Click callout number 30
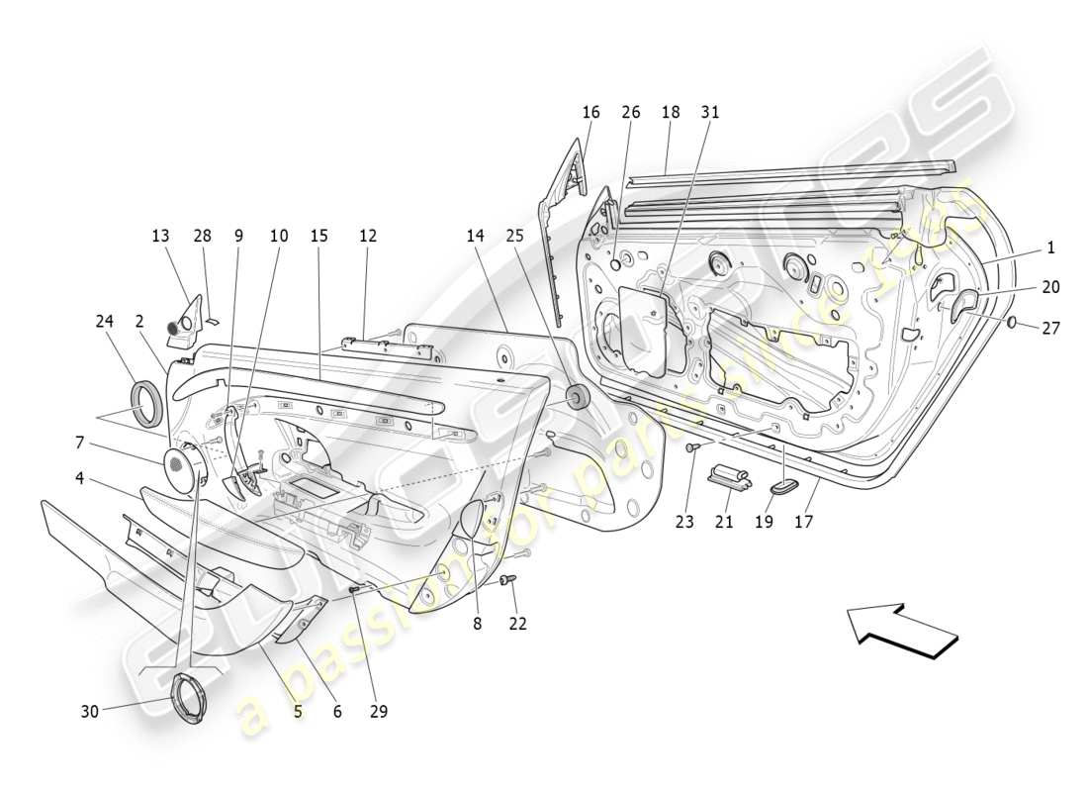[88, 710]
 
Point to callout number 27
[1051, 328]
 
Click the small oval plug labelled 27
[1013, 323]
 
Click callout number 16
[590, 113]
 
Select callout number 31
[710, 113]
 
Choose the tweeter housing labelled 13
[185, 323]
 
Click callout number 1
[1051, 248]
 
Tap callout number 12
[368, 237]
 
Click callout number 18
[671, 113]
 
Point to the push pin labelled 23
[692, 448]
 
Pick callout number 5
[297, 711]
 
